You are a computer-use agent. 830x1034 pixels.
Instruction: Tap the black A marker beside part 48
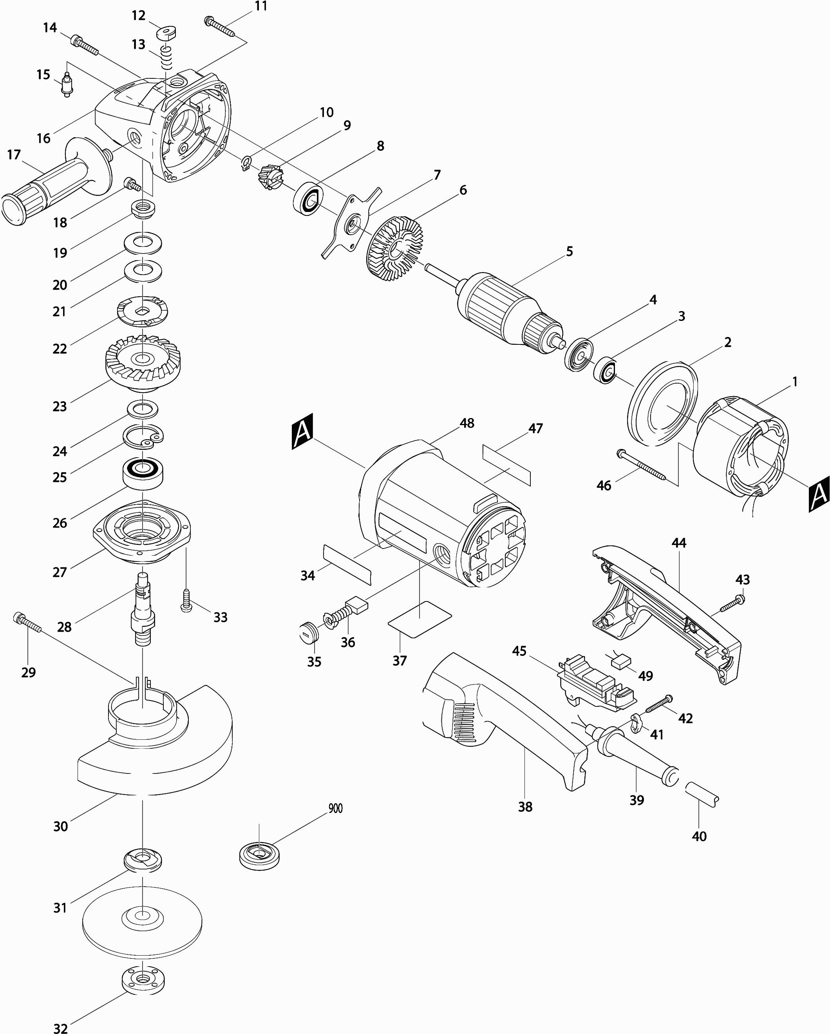click(302, 431)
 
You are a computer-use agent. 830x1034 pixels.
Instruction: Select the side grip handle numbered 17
click(56, 181)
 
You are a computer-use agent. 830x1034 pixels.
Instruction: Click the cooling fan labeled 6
click(396, 248)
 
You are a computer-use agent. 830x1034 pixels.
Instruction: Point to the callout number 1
click(794, 382)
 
